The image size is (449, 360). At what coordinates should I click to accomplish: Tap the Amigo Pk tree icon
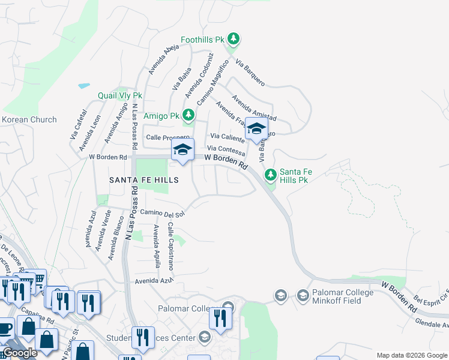click(188, 115)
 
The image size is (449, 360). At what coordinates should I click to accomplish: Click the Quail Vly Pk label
click(120, 95)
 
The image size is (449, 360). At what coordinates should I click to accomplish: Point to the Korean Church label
click(29, 119)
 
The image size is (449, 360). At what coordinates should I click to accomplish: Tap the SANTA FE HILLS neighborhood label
click(135, 180)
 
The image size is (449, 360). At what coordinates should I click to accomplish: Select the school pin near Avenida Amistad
click(256, 129)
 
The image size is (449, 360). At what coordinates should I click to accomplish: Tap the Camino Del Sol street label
click(162, 212)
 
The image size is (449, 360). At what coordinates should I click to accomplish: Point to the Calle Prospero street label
click(167, 137)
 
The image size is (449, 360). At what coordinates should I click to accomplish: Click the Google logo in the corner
click(20, 353)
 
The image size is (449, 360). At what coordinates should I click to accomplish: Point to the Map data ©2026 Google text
click(412, 355)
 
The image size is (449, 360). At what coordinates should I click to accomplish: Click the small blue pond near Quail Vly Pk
click(84, 86)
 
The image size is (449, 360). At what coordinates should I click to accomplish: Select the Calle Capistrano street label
click(170, 246)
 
